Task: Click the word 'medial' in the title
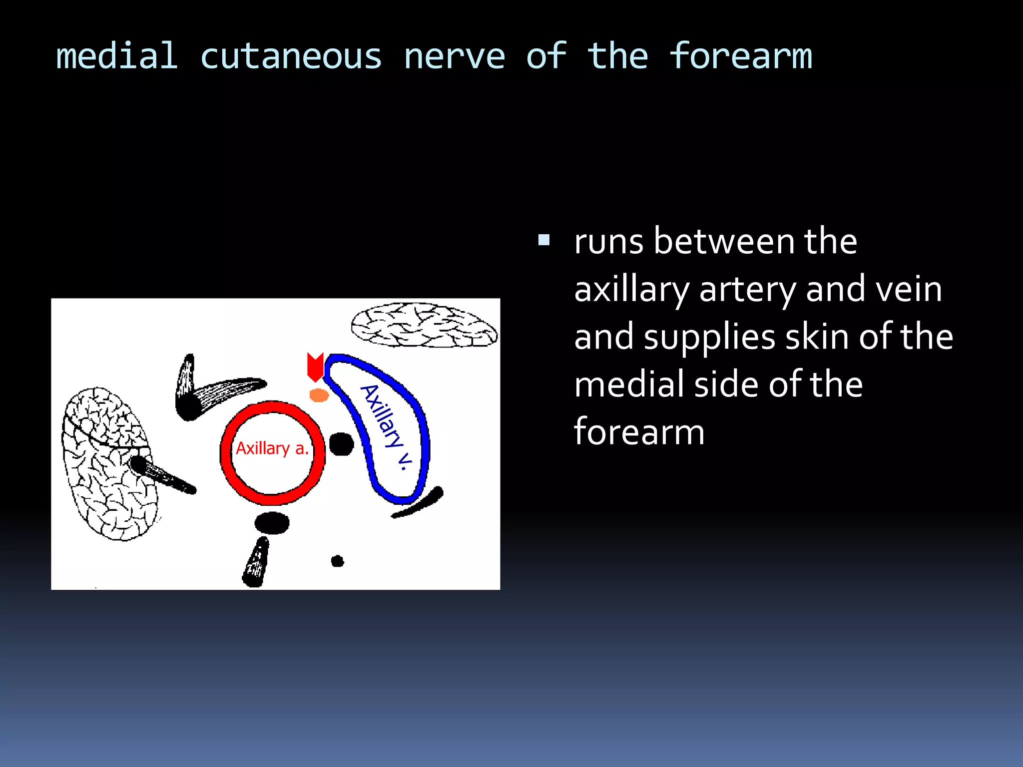[116, 56]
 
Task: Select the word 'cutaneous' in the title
[291, 57]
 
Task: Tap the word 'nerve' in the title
[454, 57]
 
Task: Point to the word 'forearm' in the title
[740, 56]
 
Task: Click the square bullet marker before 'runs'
[544, 241]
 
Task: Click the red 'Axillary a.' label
[272, 448]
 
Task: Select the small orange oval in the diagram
[319, 395]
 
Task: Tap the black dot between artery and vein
[342, 444]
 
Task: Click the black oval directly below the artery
[272, 523]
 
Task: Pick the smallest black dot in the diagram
[338, 561]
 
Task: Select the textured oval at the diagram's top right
[424, 325]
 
